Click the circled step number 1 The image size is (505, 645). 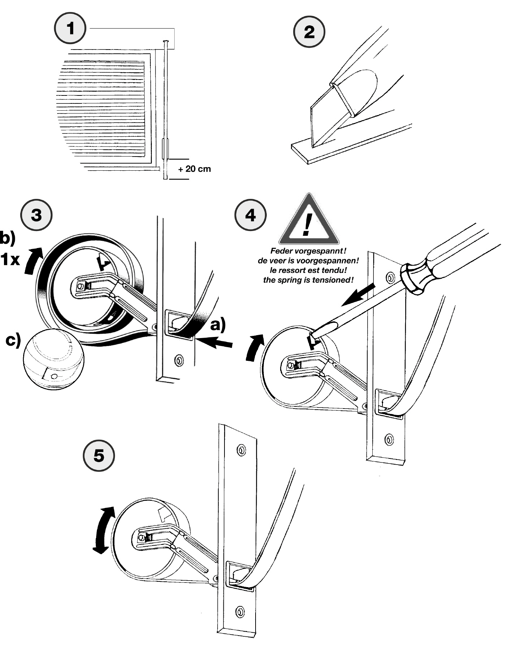pos(70,28)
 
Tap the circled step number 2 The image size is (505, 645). pos(309,32)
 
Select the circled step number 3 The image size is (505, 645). pos(37,215)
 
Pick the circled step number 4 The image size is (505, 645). pos(251,215)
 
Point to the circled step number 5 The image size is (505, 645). pos(99,455)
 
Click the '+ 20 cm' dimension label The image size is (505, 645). pos(194,169)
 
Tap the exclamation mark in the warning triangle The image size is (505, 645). pos(308,224)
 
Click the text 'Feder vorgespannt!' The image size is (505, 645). pos(308,251)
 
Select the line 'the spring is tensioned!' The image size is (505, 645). pos(308,280)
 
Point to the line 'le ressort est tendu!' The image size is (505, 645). pos(308,270)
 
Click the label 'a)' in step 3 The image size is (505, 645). pos(218,324)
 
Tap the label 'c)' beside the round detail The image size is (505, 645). pos(13,340)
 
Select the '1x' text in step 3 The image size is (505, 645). pos(10,259)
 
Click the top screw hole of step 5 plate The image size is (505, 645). pos(241,450)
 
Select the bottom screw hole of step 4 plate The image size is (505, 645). pos(389,439)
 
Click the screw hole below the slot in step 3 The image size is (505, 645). pos(179,360)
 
